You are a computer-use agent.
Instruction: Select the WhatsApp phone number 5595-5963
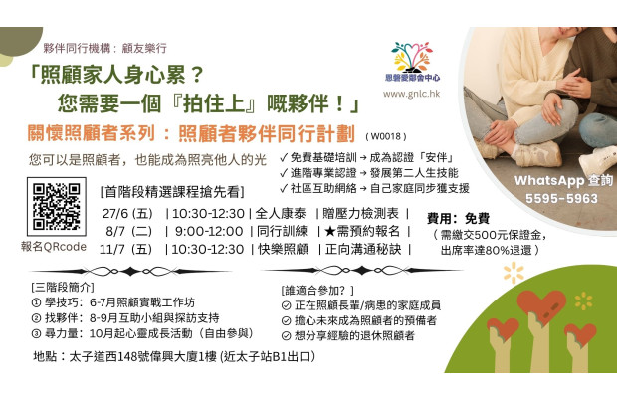(555, 197)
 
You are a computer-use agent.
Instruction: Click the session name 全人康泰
(283, 213)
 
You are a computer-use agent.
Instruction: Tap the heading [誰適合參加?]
(324, 288)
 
